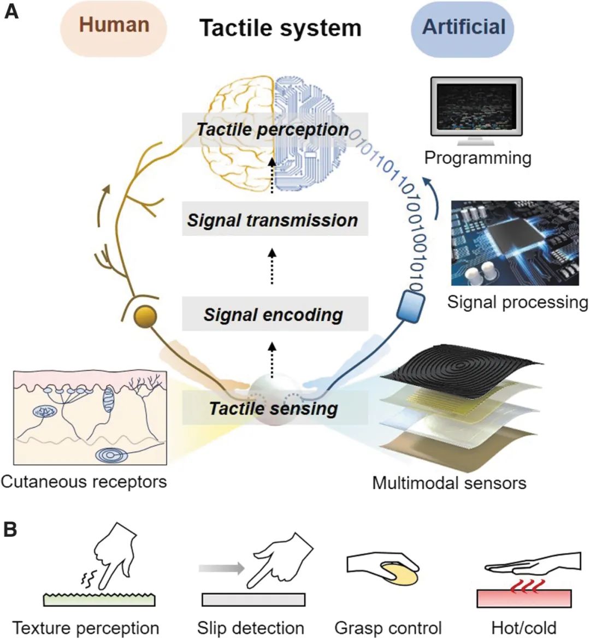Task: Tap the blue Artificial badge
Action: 463,28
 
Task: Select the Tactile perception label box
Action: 273,129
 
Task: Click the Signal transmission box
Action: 273,220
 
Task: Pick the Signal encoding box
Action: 273,315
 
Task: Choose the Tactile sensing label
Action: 273,409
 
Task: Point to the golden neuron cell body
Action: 145,317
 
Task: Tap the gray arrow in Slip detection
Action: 221,569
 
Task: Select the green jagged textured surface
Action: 99,600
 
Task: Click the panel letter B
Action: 10,530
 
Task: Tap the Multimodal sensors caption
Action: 449,483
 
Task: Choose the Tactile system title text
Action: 280,28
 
